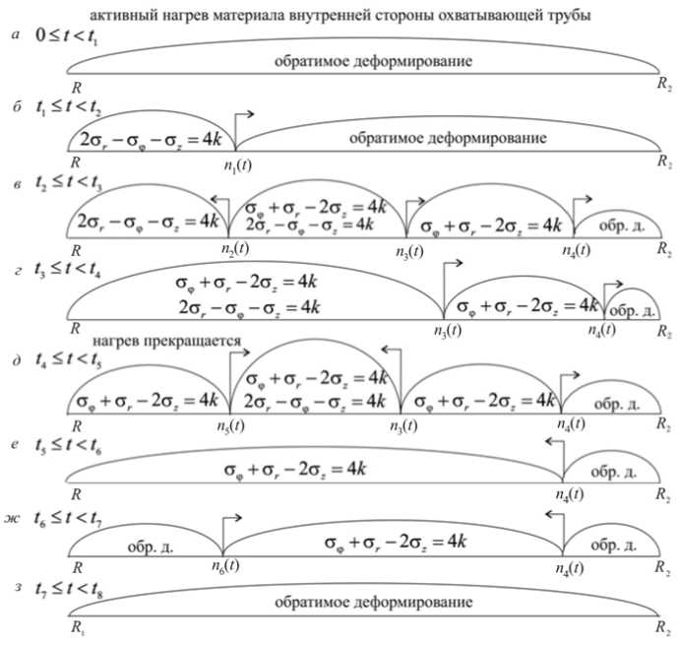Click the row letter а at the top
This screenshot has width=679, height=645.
[x=13, y=34]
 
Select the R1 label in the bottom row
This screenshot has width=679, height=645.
[x=77, y=626]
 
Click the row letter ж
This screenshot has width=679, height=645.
[x=14, y=517]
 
